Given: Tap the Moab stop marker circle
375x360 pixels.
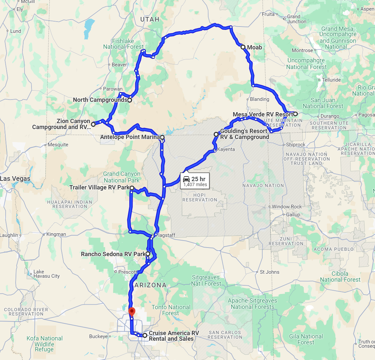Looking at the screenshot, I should pyautogui.click(x=243, y=47).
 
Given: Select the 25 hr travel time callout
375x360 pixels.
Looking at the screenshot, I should pyautogui.click(x=195, y=181).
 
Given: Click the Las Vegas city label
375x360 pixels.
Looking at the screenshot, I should pyautogui.click(x=15, y=179).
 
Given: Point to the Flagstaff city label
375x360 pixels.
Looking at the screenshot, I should pyautogui.click(x=166, y=235).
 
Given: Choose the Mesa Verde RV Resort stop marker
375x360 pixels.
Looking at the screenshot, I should pyautogui.click(x=295, y=114).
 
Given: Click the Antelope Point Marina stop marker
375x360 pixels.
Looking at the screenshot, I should pyautogui.click(x=162, y=137).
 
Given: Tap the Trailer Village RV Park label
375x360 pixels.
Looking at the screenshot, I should pyautogui.click(x=99, y=188).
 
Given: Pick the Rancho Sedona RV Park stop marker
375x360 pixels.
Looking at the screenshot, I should pyautogui.click(x=148, y=254).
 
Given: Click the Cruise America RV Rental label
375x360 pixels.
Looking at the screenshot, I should pyautogui.click(x=174, y=336).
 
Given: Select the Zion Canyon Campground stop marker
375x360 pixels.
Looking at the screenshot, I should pyautogui.click(x=93, y=124).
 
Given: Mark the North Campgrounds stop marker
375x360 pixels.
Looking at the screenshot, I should pyautogui.click(x=130, y=100).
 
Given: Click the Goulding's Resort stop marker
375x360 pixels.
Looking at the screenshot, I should pyautogui.click(x=216, y=134).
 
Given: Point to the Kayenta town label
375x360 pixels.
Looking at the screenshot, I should pyautogui.click(x=226, y=149).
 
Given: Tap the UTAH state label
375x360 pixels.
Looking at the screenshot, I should pyautogui.click(x=150, y=19).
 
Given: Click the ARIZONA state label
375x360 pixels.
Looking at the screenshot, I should pyautogui.click(x=151, y=285).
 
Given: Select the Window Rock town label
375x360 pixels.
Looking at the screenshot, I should pyautogui.click(x=287, y=207).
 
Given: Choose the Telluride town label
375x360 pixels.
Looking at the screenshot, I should pyautogui.click(x=331, y=80).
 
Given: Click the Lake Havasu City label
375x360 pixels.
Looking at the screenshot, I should pyautogui.click(x=46, y=274).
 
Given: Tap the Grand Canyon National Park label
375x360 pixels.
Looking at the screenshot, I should pyautogui.click(x=122, y=177).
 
